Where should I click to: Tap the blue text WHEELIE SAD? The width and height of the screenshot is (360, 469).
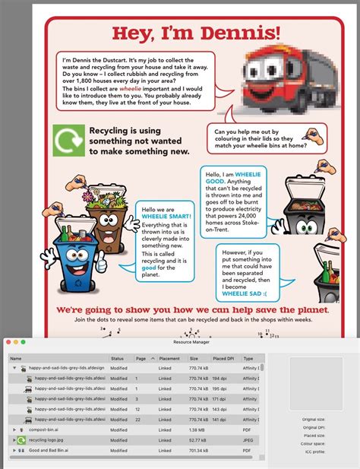point(242,293)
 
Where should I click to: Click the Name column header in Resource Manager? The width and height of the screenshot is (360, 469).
point(16,358)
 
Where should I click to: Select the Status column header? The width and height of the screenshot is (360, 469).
point(117,358)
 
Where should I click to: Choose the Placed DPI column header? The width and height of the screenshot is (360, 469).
point(223,358)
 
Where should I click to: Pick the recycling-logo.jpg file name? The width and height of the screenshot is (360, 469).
point(49,439)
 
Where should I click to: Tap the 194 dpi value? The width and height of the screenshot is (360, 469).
point(219,378)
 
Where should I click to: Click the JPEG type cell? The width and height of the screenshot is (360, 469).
point(248,439)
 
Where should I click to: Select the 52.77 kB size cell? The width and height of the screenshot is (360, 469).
point(199,439)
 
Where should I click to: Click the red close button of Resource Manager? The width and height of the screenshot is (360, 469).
point(8,343)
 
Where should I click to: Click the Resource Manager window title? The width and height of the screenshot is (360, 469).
point(179,343)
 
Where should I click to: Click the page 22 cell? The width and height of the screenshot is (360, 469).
point(137,419)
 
